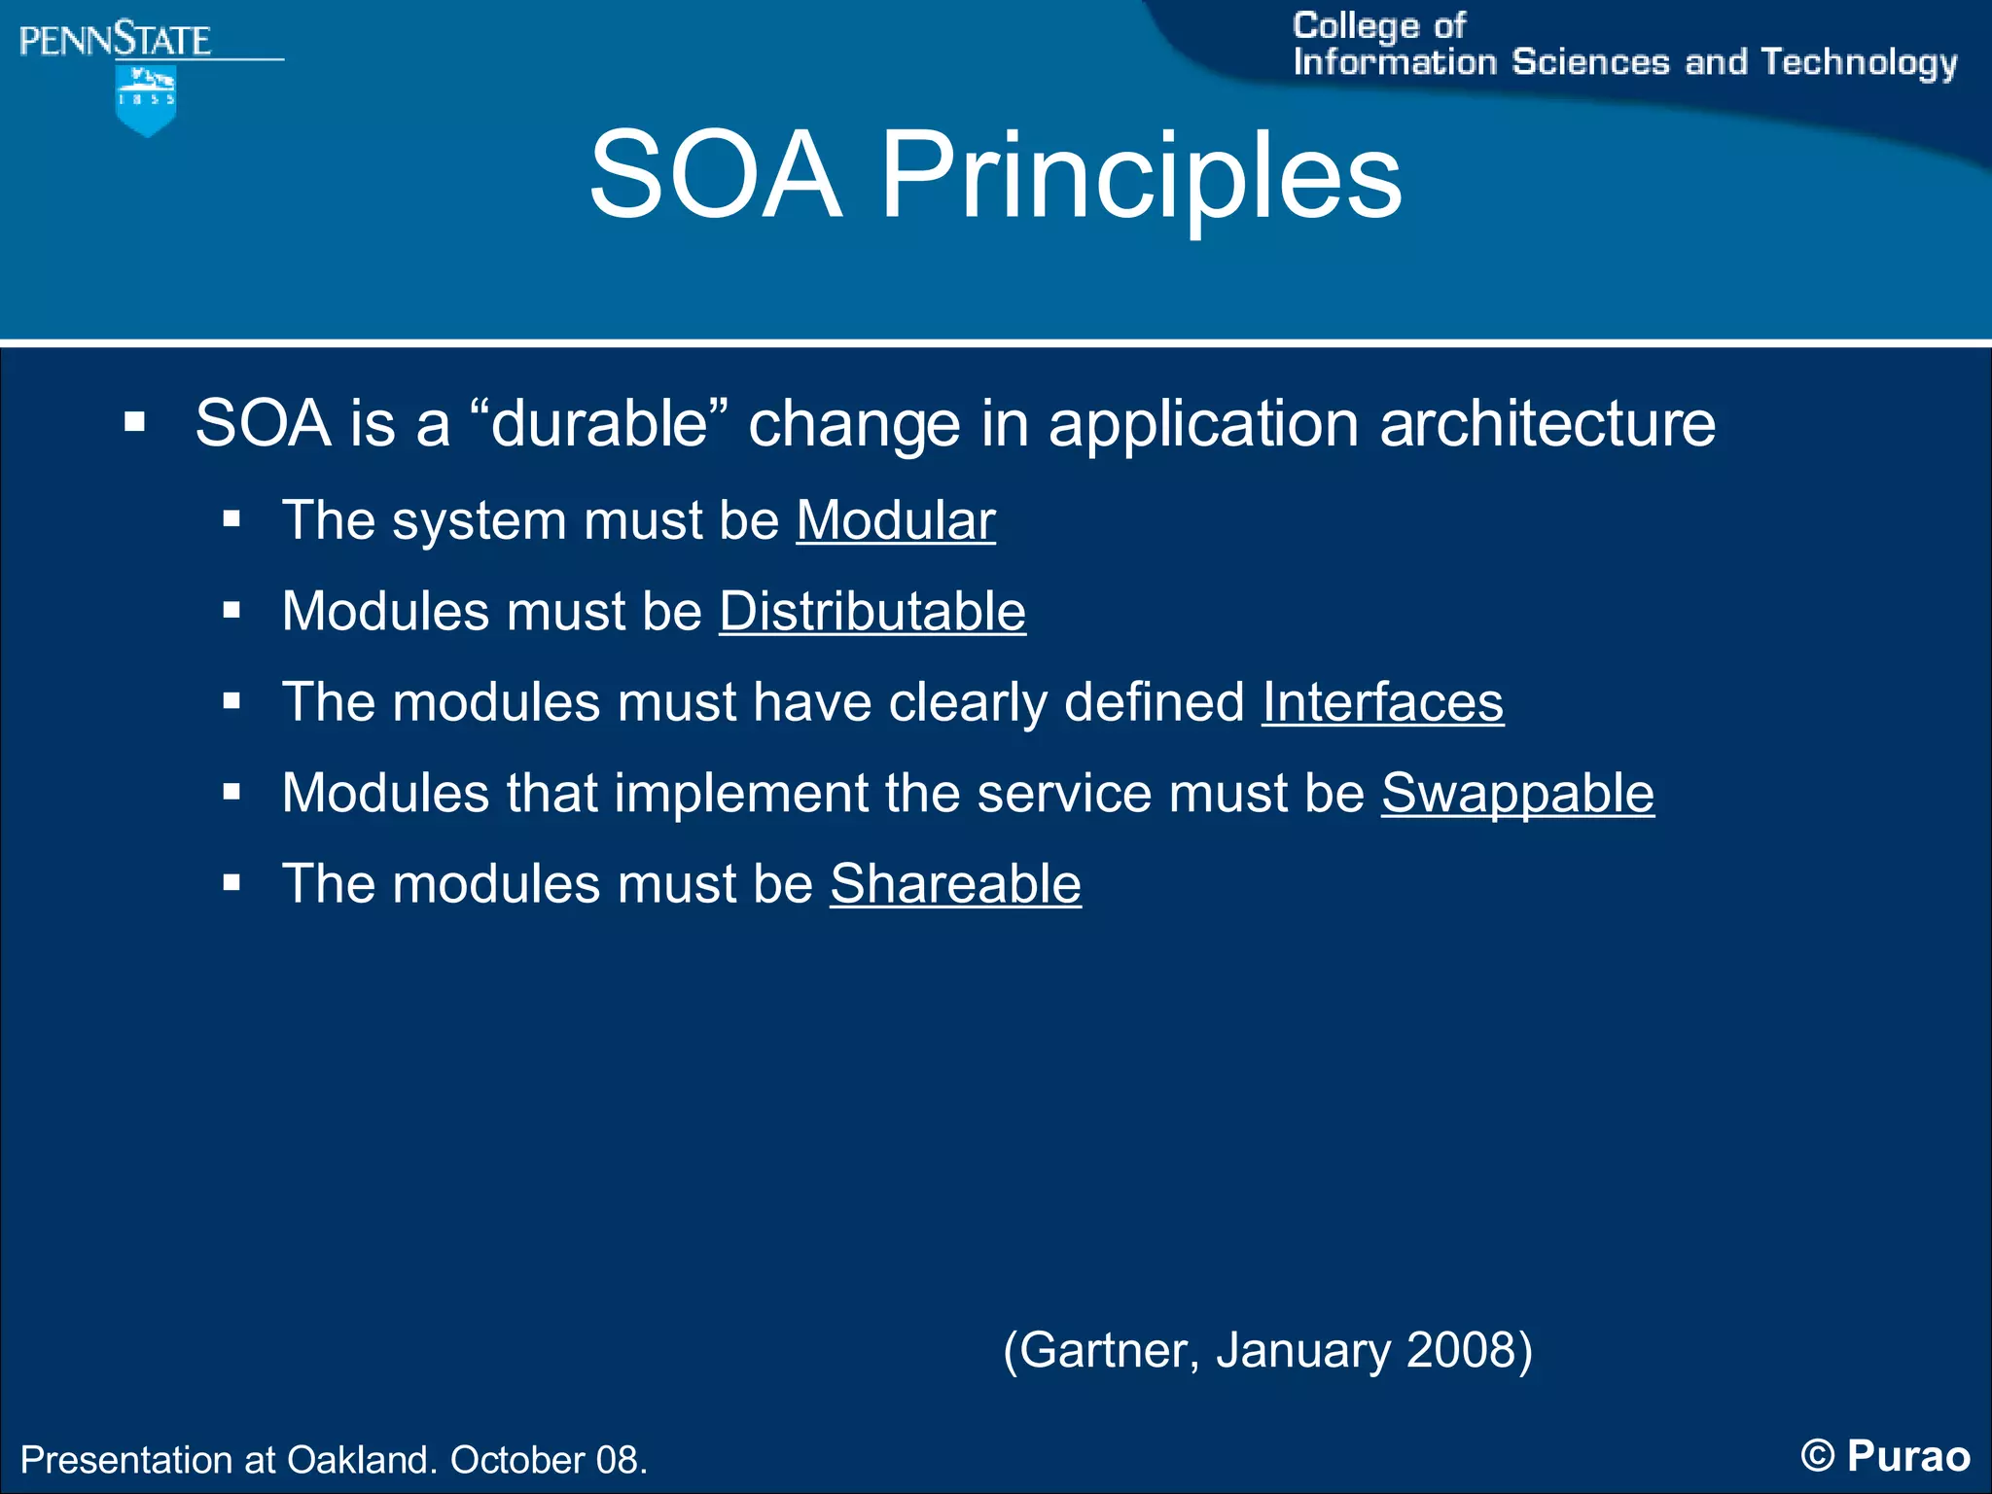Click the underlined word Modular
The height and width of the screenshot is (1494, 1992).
pos(896,520)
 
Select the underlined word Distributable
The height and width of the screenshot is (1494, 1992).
pos(872,611)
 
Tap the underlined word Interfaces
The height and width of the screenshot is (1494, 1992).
pos(1382,701)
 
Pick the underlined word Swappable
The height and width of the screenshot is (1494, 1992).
pos(1517,793)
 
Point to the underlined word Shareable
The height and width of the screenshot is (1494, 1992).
pos(955,884)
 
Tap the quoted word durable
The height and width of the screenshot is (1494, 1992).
pos(599,424)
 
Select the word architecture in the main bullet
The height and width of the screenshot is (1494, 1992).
pos(1547,424)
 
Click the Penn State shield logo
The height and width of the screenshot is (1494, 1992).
pos(146,100)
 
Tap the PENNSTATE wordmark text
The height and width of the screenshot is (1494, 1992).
pos(115,41)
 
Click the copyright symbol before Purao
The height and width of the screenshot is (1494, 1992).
pos(1817,1456)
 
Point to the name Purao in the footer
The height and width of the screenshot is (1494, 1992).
pos(1908,1456)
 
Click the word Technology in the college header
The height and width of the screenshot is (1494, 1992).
pos(1859,62)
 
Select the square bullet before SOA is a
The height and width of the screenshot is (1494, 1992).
pos(135,423)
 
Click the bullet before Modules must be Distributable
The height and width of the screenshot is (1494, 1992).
pos(231,611)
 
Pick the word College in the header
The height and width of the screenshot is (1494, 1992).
pos(1356,26)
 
